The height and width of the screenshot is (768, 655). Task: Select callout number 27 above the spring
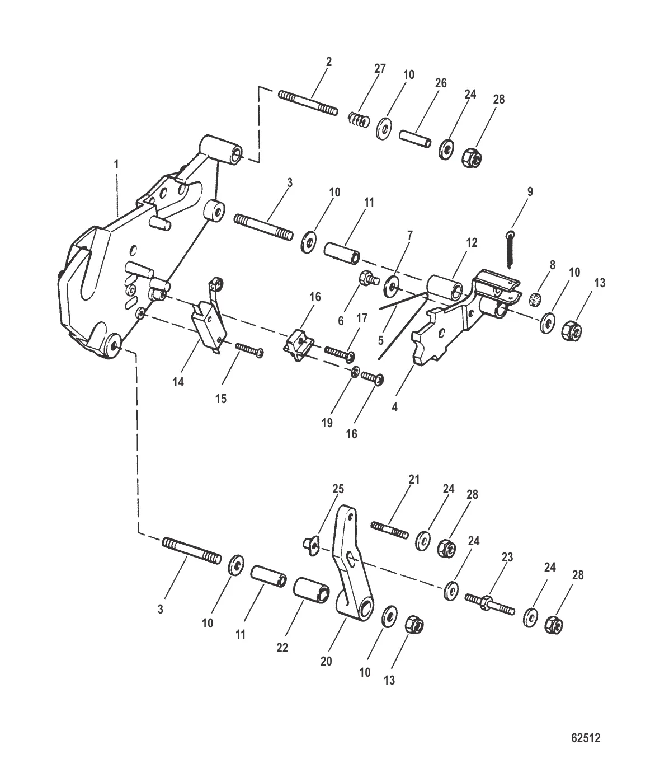pos(380,69)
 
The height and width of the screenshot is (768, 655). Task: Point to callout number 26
pos(441,83)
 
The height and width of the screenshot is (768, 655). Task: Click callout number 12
pos(472,242)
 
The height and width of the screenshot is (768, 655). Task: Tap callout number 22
pos(282,647)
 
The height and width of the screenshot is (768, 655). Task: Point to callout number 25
pos(337,489)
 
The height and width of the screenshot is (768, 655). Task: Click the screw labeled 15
pos(249,350)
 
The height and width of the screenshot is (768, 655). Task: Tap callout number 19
pos(327,423)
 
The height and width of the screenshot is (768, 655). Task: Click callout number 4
pos(394,407)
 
